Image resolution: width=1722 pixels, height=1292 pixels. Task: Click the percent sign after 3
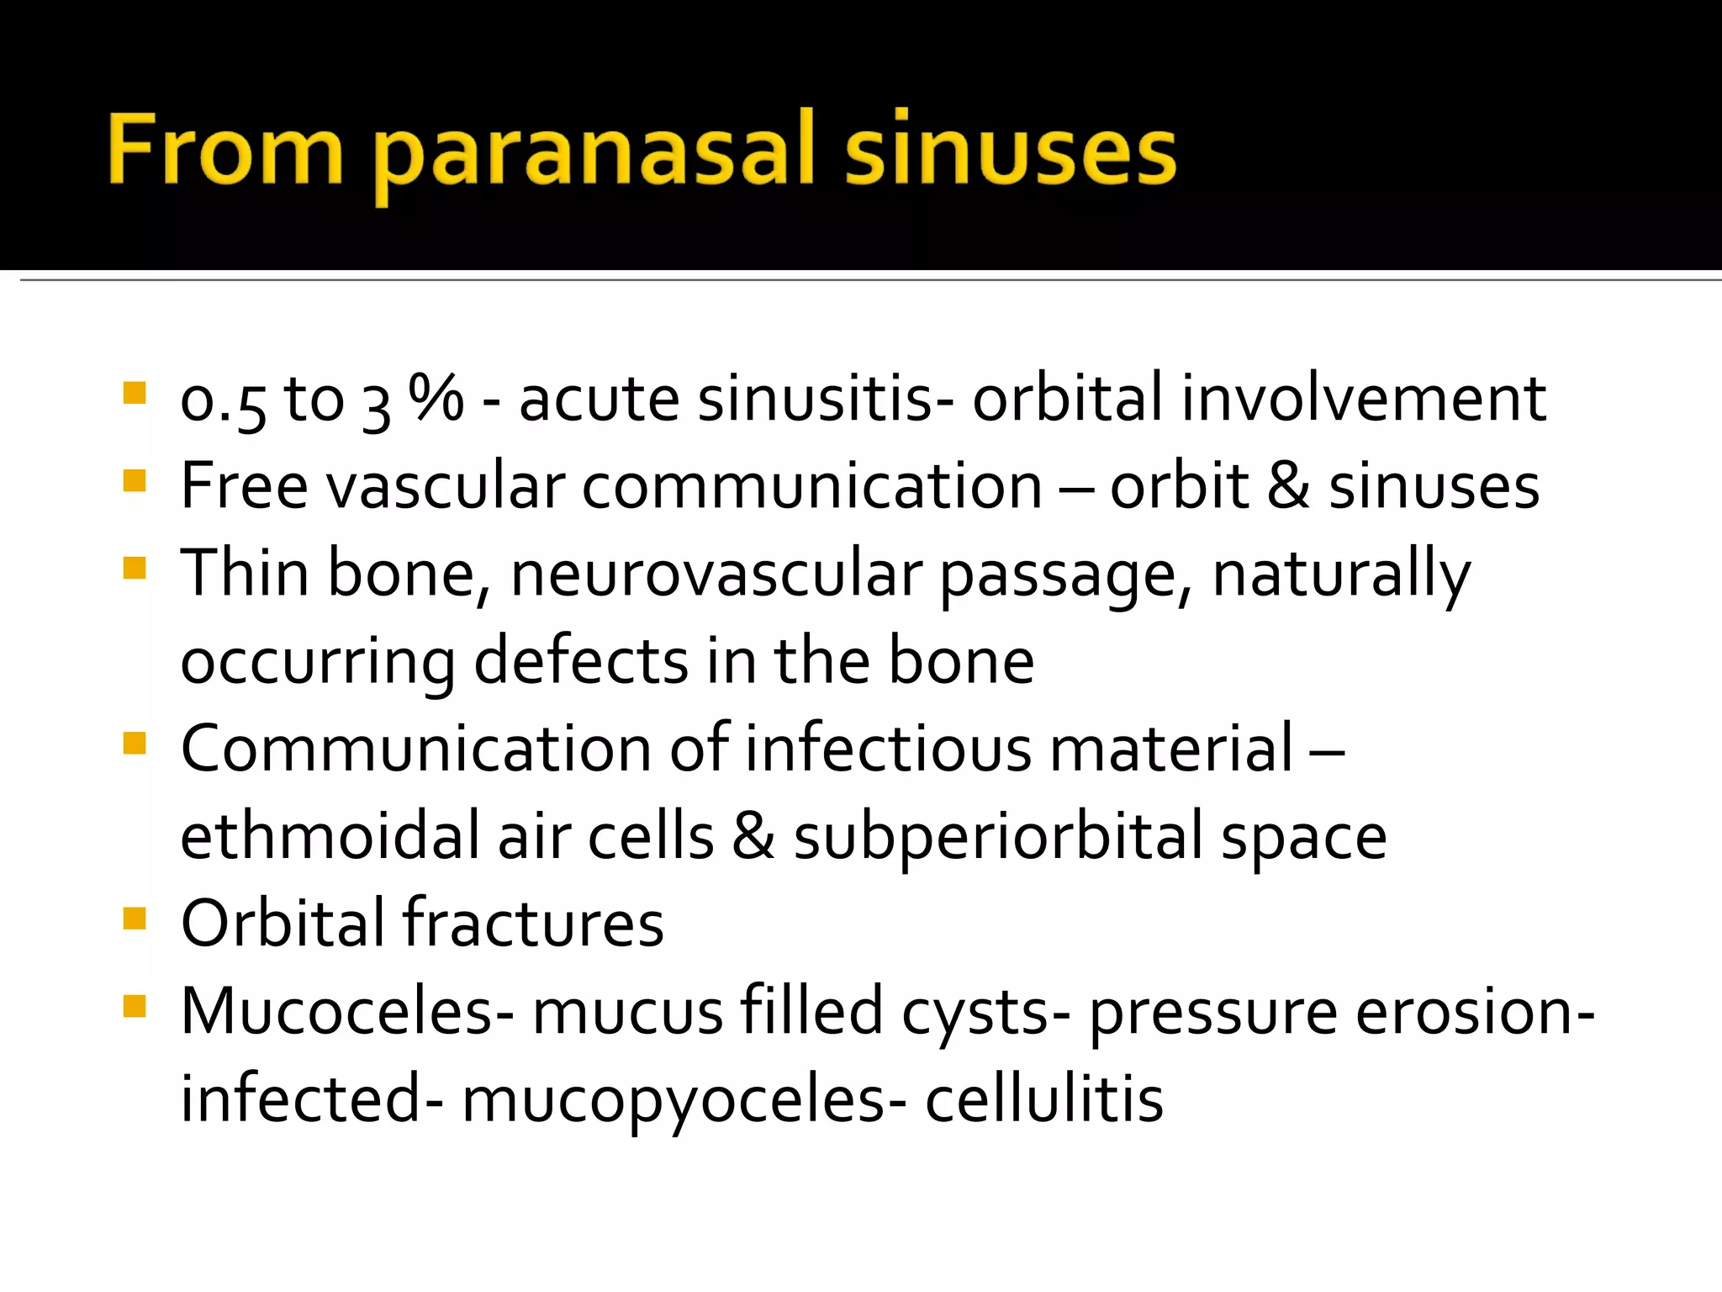click(x=436, y=398)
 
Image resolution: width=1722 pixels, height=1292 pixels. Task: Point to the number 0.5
click(x=223, y=401)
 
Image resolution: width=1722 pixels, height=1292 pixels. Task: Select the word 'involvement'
click(x=1363, y=398)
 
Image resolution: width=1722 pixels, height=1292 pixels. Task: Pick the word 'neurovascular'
click(x=715, y=574)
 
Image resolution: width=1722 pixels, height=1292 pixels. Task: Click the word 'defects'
click(x=581, y=661)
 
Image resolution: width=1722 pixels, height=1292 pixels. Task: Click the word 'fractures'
click(x=533, y=924)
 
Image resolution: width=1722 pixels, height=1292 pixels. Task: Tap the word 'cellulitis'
click(x=1044, y=1099)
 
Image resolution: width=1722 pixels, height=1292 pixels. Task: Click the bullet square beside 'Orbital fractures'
click(x=135, y=918)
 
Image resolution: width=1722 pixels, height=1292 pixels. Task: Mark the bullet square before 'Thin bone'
click(x=135, y=568)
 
